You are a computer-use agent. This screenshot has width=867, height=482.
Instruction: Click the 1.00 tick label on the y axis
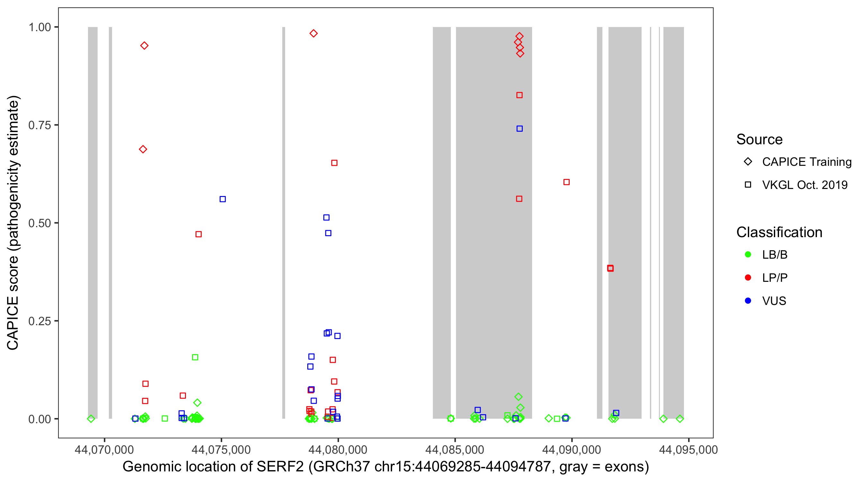point(39,27)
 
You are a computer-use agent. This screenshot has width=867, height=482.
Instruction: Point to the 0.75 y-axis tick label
point(39,125)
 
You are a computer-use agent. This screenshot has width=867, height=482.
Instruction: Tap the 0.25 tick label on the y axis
point(39,321)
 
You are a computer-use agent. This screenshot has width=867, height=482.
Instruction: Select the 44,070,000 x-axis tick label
point(104,449)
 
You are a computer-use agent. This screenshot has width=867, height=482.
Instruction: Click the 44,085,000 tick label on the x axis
point(455,449)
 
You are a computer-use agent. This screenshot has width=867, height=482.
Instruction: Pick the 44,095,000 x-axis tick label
point(688,449)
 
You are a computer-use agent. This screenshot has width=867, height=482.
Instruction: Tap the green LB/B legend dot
point(748,254)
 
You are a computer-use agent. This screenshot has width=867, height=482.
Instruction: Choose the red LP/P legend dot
point(748,278)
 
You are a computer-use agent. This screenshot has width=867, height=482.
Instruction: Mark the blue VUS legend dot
point(748,301)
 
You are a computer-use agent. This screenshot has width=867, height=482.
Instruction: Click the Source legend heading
point(759,139)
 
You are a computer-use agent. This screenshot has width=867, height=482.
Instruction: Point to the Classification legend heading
point(779,232)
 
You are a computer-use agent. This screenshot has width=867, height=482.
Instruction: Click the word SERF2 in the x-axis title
point(280,467)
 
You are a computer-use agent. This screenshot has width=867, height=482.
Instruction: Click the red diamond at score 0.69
point(143,149)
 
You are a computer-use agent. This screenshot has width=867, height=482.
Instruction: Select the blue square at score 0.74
point(520,129)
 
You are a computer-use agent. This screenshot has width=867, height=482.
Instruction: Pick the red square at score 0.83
point(520,95)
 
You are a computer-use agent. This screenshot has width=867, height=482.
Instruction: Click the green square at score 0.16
point(195,357)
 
